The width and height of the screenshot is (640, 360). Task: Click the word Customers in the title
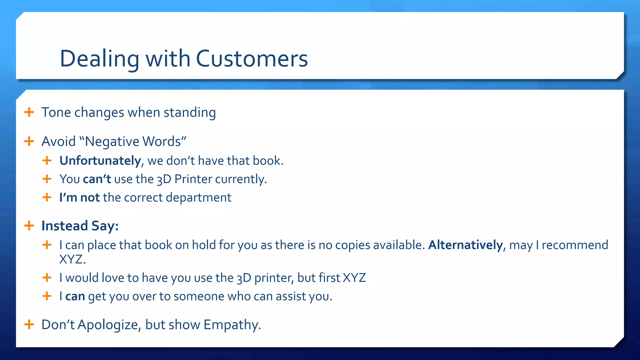pyautogui.click(x=252, y=59)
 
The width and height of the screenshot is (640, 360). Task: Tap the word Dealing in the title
pyautogui.click(x=99, y=59)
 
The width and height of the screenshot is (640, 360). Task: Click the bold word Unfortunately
pyautogui.click(x=100, y=161)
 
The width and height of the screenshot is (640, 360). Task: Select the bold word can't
pyautogui.click(x=97, y=179)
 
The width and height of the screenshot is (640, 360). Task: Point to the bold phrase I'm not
pyautogui.click(x=79, y=197)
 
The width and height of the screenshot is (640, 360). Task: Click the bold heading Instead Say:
pyautogui.click(x=80, y=226)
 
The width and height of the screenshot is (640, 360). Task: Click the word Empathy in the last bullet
pyautogui.click(x=232, y=325)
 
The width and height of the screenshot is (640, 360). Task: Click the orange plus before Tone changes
pyautogui.click(x=29, y=112)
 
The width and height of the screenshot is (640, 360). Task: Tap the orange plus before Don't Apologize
pyautogui.click(x=29, y=324)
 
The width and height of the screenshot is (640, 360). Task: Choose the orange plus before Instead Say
pyautogui.click(x=29, y=225)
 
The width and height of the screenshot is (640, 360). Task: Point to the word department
pyautogui.click(x=198, y=197)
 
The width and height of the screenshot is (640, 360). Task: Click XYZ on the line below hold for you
pyautogui.click(x=72, y=259)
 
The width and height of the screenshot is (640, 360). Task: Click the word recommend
pyautogui.click(x=575, y=245)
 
